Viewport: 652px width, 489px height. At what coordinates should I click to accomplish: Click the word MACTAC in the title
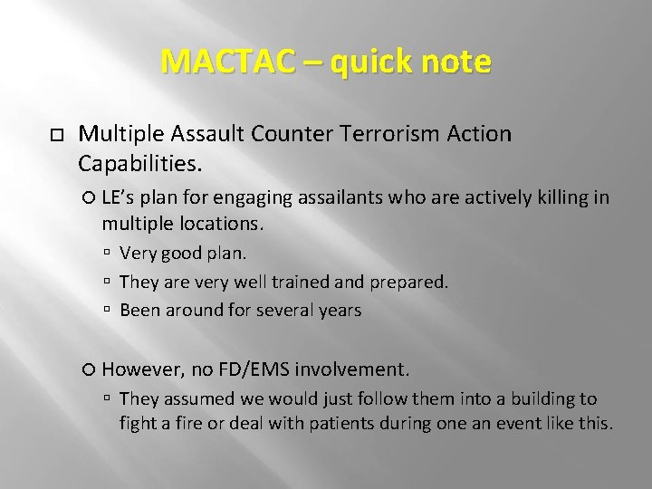click(227, 62)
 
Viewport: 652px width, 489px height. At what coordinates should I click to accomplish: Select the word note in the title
click(456, 62)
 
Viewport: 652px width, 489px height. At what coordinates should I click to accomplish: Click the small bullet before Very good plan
click(108, 254)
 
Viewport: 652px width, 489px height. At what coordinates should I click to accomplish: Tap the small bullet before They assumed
click(108, 399)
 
